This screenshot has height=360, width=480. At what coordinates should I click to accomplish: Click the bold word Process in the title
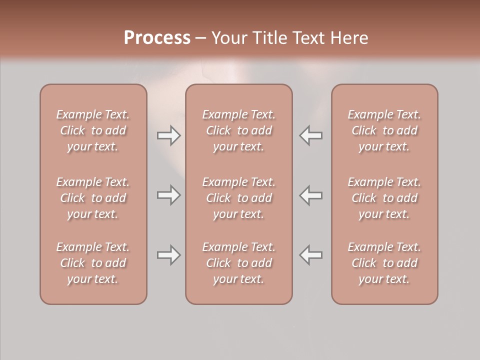157,38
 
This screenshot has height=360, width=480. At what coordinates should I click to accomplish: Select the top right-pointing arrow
168,135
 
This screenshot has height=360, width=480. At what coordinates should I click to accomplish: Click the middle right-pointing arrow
168,195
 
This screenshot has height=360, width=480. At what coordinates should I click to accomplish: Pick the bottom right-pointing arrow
168,255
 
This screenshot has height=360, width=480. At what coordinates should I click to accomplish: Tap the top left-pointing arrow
311,135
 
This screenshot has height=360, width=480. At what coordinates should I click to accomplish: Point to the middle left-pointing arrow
311,195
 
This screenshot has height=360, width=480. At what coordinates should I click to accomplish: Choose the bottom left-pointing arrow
311,255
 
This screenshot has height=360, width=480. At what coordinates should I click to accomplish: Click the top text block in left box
93,130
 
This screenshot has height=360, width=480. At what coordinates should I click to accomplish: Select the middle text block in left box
93,198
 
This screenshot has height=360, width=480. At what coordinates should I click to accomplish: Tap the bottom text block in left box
93,263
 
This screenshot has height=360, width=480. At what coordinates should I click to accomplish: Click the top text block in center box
238,130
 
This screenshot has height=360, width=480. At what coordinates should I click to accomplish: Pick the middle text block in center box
238,198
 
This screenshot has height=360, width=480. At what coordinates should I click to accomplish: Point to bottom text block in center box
238,263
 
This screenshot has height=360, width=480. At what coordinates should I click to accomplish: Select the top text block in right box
384,130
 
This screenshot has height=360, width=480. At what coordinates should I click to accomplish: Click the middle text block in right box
384,198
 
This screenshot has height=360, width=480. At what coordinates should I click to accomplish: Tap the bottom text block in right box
384,263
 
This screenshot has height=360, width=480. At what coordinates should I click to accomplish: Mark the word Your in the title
229,38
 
